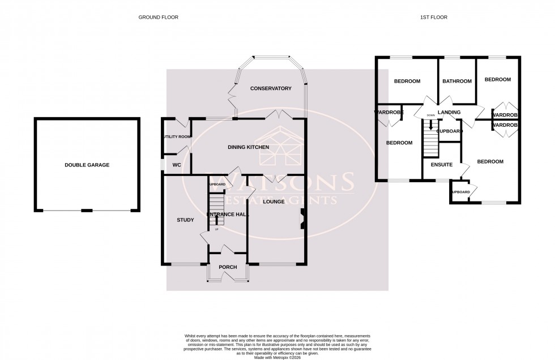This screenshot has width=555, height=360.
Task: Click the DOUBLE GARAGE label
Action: pos(87,165)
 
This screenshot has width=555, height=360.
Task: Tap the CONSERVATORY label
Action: pos(271,88)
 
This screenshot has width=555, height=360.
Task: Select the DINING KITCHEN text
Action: pos(248,147)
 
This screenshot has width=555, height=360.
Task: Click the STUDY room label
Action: pos(185,220)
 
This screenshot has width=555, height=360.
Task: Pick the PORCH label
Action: pos(228,267)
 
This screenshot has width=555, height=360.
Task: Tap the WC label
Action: pos(176,165)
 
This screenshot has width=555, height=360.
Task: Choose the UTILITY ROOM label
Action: pos(177,137)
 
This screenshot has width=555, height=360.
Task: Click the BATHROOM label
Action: pos(456,81)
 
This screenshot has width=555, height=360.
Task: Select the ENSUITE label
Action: pos(442,165)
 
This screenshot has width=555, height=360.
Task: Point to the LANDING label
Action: pos(449,113)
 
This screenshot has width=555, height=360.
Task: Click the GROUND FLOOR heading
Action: pos(159,18)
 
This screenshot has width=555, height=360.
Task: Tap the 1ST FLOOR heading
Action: pos(434,18)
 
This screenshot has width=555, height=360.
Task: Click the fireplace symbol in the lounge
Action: pos(302,219)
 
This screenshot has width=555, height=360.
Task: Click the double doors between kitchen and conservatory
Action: pos(280,115)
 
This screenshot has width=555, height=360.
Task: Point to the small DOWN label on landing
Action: pos(430,115)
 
